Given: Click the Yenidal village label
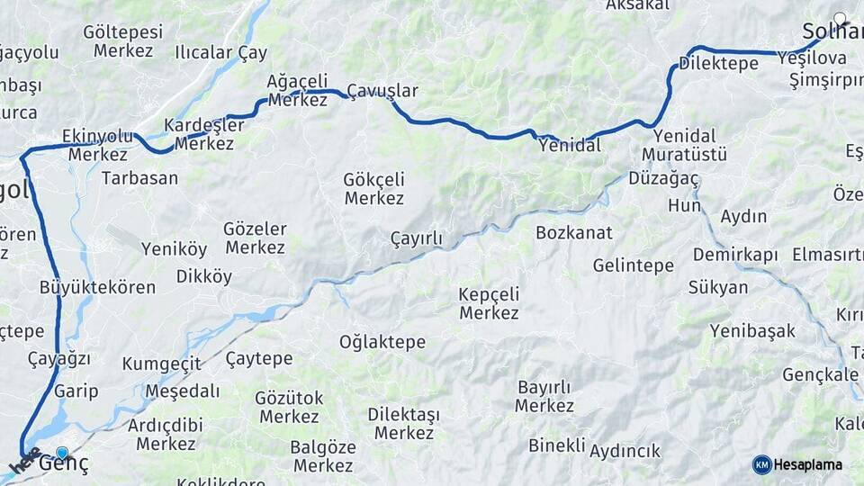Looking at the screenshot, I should point(569,145).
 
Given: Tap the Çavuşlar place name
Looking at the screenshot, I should point(382,91).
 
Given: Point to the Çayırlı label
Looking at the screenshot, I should point(416,238).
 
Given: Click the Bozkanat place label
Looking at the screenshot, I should point(573,232).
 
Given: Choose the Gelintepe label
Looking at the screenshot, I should point(633,265).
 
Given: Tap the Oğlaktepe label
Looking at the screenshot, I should point(382,342).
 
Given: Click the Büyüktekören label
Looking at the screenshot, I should point(97,288).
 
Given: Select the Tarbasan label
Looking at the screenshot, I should point(139,177).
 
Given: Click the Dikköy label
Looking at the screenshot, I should point(203,276).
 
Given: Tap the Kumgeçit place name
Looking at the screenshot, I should point(161,364).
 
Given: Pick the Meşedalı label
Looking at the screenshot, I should point(182,391).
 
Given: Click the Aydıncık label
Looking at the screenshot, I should point(625,451).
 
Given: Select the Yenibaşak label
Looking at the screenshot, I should point(751,331).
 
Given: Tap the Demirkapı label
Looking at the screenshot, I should point(734,255).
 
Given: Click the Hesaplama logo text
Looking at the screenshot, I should point(808,465).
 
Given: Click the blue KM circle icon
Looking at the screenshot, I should point(761,464).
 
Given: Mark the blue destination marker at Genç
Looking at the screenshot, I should point(62,453).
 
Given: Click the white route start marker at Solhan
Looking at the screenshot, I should point(840,18).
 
